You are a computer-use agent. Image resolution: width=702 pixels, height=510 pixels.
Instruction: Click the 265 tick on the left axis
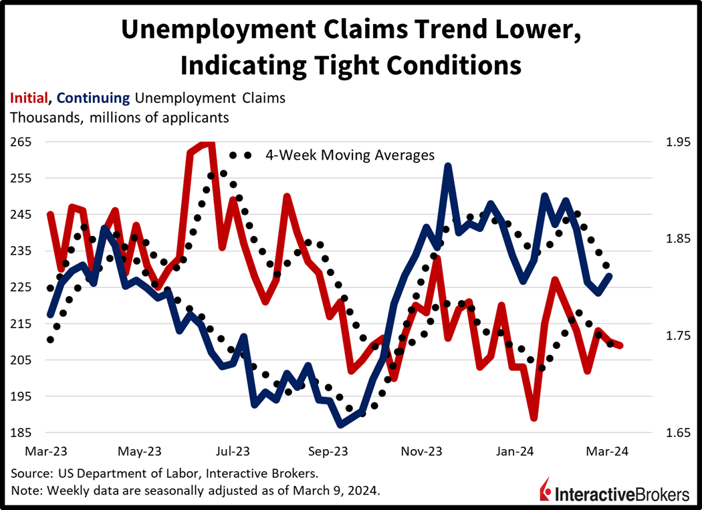coord(21,142)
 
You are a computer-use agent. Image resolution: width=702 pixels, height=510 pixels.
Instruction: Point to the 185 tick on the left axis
coord(21,432)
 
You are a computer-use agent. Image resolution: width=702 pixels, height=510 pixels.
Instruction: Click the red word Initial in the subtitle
coord(29,98)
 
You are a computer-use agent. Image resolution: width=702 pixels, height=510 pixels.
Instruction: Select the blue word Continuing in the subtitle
coord(94,98)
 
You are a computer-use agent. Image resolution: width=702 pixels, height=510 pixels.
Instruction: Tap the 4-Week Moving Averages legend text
coord(350,155)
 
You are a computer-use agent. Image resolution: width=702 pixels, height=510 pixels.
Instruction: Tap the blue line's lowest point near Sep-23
coord(340,424)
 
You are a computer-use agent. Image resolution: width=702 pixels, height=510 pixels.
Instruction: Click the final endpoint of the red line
coord(620,346)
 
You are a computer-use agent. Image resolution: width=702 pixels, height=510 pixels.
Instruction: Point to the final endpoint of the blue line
coord(609,275)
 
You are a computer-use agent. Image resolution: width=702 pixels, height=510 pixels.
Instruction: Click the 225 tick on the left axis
coord(21,287)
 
